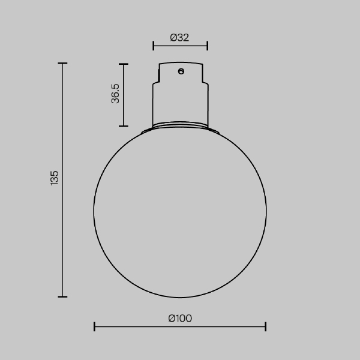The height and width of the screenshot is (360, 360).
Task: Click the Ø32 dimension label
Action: [180, 37]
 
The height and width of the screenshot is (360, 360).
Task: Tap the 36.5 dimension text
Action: [116, 94]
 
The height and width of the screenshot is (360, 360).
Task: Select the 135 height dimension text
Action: [55, 179]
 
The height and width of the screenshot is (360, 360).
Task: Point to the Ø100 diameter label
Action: [180, 319]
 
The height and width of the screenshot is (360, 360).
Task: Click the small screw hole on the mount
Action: [180, 71]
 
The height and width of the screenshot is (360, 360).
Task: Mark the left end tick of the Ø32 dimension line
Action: [154, 45]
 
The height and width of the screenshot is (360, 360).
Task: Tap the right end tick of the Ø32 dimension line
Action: [207, 45]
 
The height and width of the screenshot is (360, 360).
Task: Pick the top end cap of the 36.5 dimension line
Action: [123, 64]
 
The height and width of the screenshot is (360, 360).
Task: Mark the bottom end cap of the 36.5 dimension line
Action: [123, 126]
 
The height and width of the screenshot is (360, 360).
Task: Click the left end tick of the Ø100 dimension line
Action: [95, 326]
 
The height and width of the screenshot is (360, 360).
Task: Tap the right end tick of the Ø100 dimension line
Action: [265, 326]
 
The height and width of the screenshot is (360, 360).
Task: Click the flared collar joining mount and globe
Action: [180, 128]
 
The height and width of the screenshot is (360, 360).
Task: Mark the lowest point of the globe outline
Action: [180, 298]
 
